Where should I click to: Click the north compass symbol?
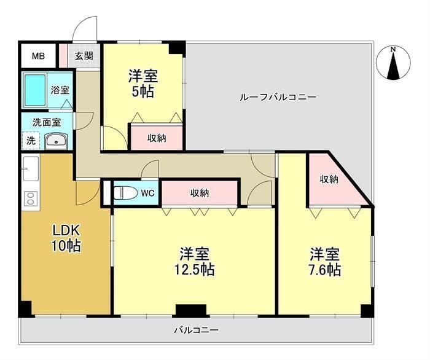tap(393, 63)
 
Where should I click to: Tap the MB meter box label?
tap(38, 57)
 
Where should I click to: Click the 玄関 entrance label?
tap(84, 57)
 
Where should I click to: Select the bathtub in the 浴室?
tap(36, 90)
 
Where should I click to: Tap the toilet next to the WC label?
tap(125, 193)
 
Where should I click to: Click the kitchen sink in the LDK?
tap(31, 167)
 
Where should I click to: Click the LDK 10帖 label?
tap(66, 238)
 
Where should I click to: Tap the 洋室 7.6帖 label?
tap(325, 261)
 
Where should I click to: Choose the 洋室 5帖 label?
tap(143, 84)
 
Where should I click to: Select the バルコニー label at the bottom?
tap(196, 330)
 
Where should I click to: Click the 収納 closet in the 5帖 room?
tap(157, 138)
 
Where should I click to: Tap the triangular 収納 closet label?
tap(329, 179)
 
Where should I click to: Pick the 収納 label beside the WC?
tap(199, 193)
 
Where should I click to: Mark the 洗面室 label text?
tap(47, 122)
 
